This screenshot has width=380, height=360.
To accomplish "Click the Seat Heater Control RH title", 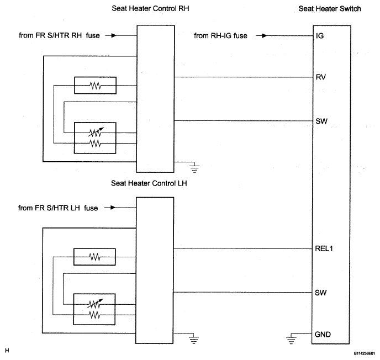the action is click(x=150, y=8).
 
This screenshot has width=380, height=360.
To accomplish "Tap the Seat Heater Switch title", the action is click(x=330, y=9).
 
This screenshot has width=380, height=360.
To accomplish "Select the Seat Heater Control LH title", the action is click(x=149, y=183).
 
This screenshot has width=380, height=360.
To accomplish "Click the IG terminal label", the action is click(x=320, y=36).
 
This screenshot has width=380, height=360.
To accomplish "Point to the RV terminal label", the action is click(x=320, y=77).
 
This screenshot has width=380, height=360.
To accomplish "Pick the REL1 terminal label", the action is click(x=324, y=248).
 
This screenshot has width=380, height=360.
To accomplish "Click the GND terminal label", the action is click(x=323, y=334).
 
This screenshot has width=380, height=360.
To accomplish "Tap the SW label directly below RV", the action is click(x=321, y=121).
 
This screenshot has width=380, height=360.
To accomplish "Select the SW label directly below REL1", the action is click(x=320, y=293).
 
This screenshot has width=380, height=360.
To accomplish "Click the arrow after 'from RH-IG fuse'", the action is click(x=261, y=35).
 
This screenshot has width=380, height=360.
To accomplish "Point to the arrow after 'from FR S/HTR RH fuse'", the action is click(x=110, y=35).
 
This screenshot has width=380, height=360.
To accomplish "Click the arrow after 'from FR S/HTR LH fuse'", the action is click(x=110, y=208).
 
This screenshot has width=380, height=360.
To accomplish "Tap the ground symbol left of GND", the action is click(x=291, y=338).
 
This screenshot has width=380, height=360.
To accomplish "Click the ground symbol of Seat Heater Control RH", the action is click(x=194, y=167).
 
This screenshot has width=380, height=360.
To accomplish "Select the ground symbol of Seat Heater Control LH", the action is click(x=194, y=338).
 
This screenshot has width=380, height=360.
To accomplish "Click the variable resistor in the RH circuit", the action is click(x=96, y=133).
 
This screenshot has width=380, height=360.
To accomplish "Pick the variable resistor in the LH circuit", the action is click(x=95, y=304).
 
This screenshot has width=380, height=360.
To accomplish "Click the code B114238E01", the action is click(x=364, y=353).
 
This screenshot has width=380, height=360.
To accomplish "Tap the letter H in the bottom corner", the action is click(x=7, y=350).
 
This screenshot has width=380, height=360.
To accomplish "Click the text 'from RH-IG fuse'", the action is click(x=220, y=35).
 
